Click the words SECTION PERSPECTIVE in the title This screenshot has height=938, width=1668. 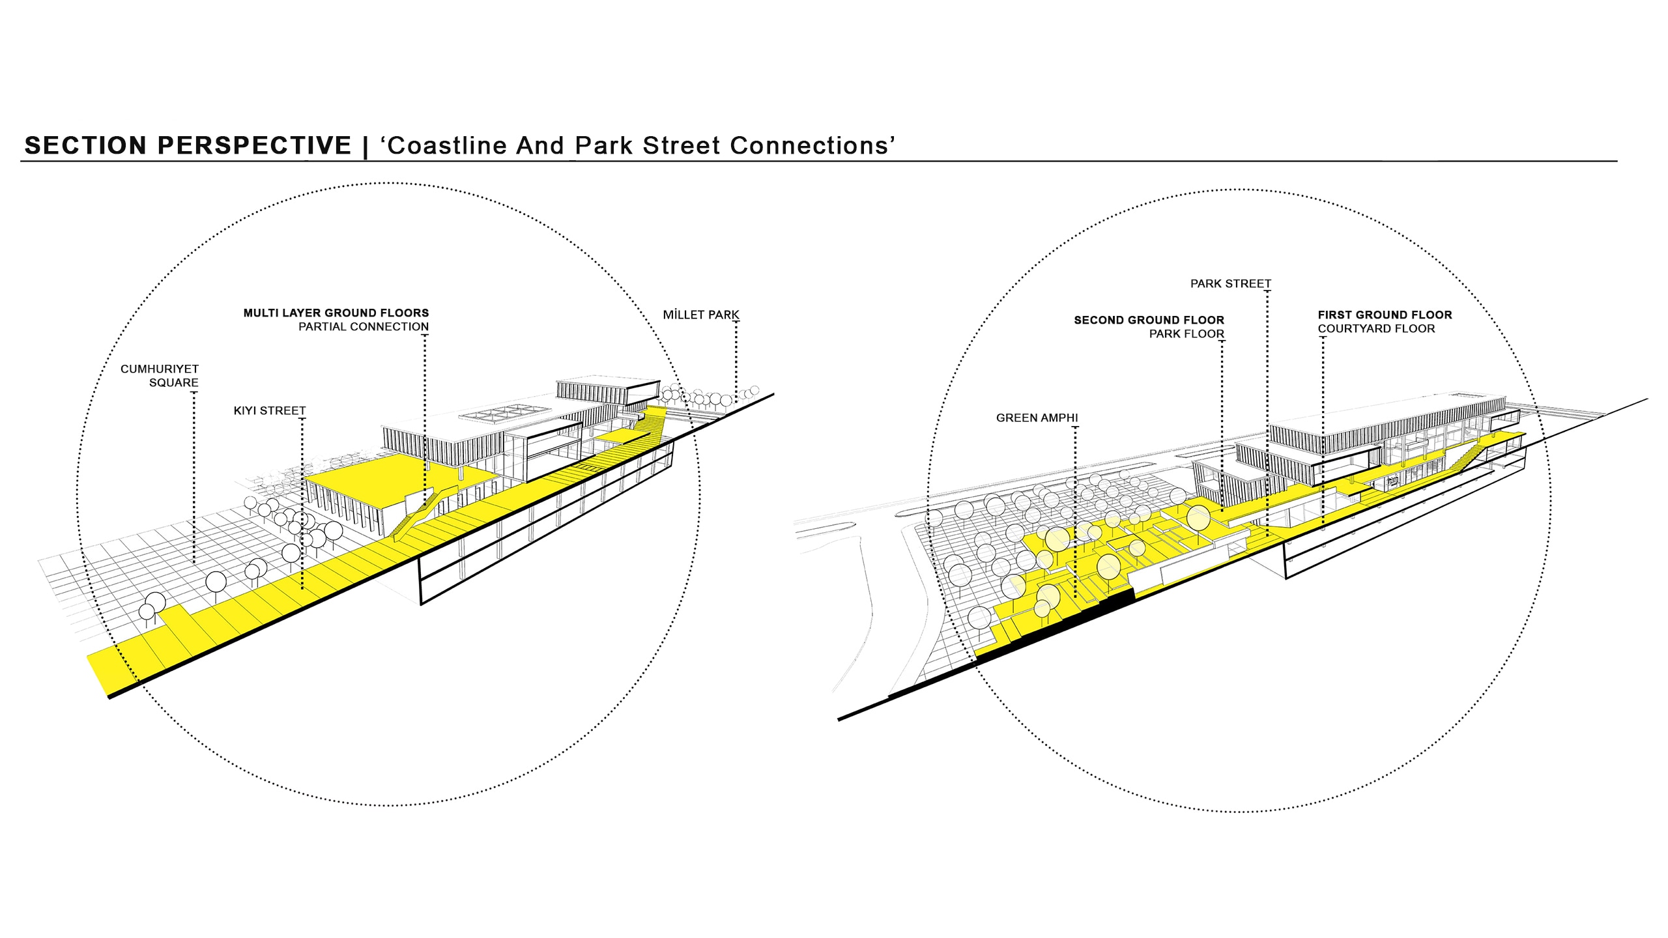188,145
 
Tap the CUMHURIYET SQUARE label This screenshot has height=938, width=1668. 160,376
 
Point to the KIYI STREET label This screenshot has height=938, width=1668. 270,411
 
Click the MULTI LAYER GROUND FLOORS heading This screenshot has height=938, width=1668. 336,313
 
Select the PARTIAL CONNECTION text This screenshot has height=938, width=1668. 364,327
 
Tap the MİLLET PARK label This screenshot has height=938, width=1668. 701,315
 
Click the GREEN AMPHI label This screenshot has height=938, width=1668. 1037,418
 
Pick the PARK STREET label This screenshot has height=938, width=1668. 1231,284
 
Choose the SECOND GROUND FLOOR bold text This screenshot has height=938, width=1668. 1149,320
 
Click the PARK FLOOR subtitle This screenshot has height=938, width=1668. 1186,334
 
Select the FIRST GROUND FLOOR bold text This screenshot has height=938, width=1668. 1385,315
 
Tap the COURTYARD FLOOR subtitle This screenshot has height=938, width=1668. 1376,329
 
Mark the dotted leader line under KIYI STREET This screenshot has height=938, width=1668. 302,502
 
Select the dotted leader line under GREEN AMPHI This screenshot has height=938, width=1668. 1075,508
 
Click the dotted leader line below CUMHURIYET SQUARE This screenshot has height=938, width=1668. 194,476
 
